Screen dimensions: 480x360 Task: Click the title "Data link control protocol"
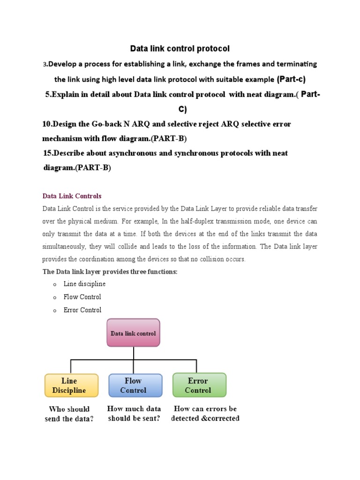coord(180,48)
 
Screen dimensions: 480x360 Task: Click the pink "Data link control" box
coord(133,333)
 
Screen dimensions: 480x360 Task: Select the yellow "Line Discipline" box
coord(71,385)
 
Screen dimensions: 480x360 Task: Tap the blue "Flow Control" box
coord(135,385)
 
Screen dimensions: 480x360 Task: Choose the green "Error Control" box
coord(199,385)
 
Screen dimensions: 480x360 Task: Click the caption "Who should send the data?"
coord(69,414)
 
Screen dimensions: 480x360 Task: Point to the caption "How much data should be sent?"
coord(134,413)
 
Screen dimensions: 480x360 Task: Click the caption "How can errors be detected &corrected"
coord(205,413)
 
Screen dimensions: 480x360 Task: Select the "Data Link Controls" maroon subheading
coord(72,196)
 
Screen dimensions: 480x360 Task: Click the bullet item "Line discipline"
coord(84,284)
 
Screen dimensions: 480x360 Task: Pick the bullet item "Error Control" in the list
coord(82,310)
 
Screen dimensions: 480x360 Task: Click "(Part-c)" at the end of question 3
coord(291,79)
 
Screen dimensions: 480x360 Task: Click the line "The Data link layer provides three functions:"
coord(110,272)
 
